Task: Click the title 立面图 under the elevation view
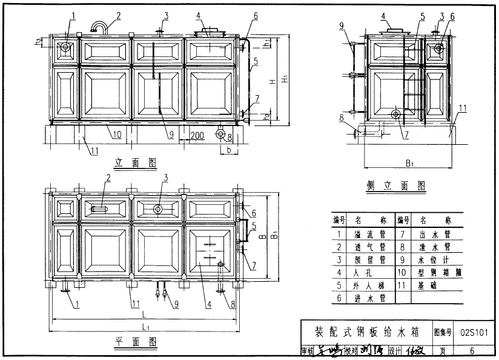coord(135,162)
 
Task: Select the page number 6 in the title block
coord(472,350)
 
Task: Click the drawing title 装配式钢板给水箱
coord(366,332)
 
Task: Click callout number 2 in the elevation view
coord(119,15)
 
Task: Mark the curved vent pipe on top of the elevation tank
coord(99,25)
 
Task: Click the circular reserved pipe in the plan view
coord(159,209)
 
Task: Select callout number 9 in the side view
coord(342,25)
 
